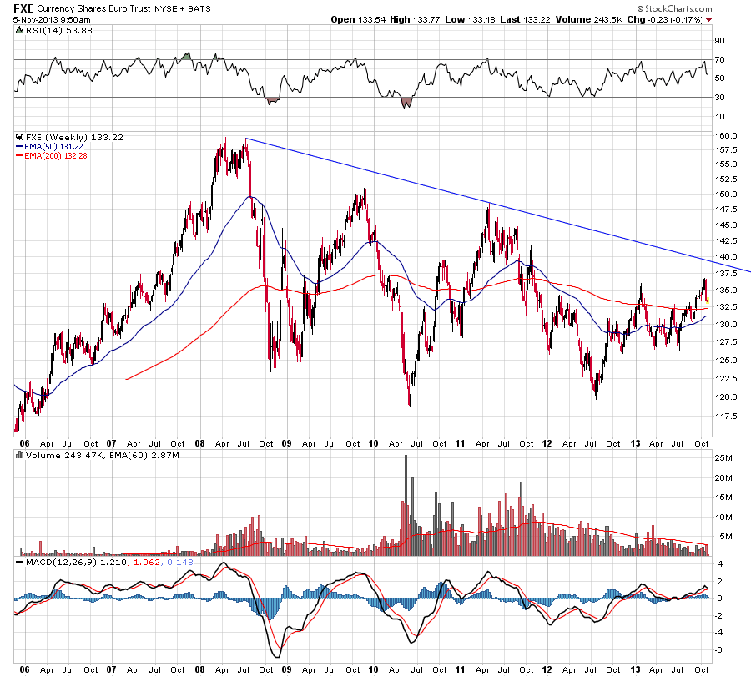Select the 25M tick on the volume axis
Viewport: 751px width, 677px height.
(x=722, y=458)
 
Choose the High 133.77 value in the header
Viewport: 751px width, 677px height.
(x=425, y=18)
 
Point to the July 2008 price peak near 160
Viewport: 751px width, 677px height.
(x=245, y=139)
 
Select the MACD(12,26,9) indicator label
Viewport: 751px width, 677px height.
(x=52, y=563)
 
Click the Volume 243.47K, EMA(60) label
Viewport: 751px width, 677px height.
(x=75, y=456)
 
